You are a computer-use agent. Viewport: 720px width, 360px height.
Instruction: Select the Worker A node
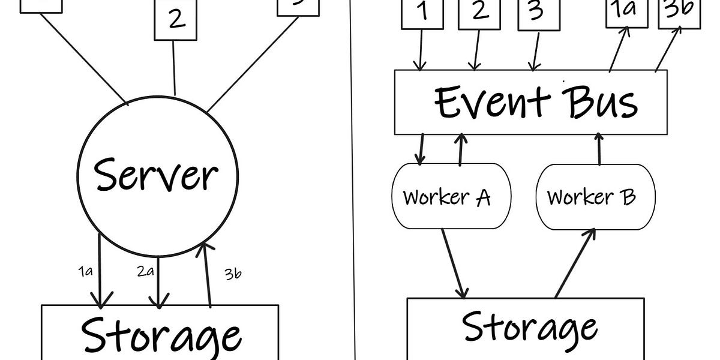coord(447,196)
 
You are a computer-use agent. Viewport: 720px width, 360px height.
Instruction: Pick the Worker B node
coord(591,196)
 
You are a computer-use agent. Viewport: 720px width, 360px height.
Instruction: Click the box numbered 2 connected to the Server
coord(175,19)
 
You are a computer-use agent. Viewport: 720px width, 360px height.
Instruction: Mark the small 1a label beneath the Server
coord(85,271)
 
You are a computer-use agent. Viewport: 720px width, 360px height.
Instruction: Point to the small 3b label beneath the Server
coord(233,274)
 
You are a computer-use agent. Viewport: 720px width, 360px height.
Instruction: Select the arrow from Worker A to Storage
coord(454,263)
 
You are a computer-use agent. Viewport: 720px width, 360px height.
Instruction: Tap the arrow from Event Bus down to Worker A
coord(422,149)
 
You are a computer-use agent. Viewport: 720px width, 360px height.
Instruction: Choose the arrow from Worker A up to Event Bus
coord(460,149)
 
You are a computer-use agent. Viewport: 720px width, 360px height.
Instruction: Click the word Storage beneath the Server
coord(161,333)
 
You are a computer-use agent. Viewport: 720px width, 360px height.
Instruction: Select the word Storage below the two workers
coord(530,327)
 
